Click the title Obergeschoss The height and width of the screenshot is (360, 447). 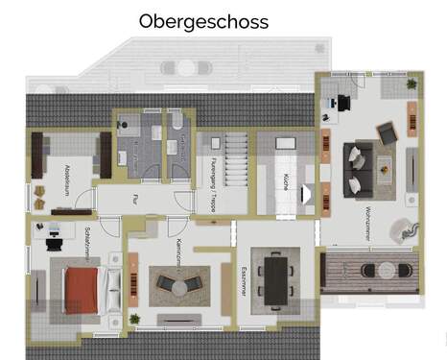tap(203, 20)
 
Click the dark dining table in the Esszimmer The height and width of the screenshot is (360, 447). tap(276, 277)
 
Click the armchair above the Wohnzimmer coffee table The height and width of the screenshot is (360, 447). tap(386, 133)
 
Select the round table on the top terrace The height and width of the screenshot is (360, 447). tap(183, 67)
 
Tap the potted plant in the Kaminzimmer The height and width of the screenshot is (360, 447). tap(134, 317)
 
